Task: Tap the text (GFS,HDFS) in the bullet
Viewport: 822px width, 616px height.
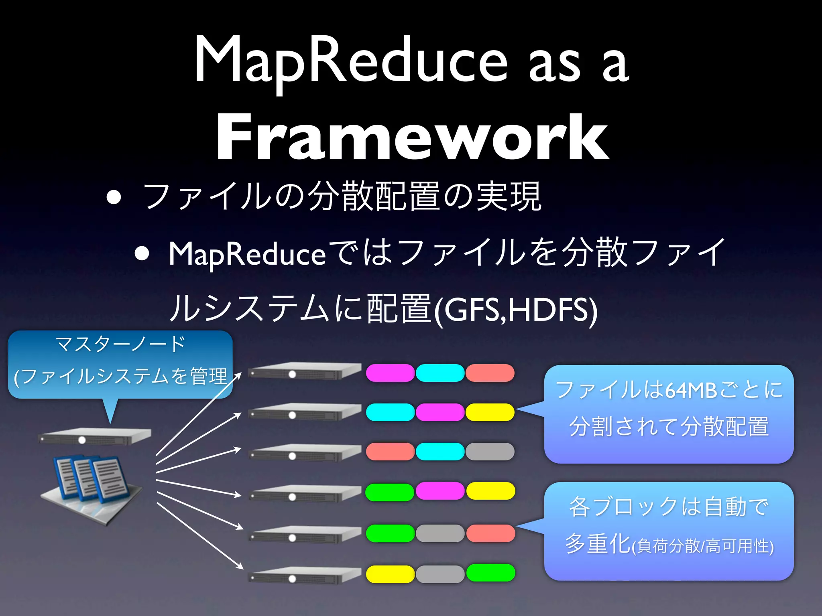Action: coord(516,310)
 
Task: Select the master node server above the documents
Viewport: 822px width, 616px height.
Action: coord(95,436)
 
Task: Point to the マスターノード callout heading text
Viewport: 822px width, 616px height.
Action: coord(120,344)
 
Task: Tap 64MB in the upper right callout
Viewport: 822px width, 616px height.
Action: coord(690,390)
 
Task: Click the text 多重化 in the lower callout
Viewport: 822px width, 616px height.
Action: coord(598,544)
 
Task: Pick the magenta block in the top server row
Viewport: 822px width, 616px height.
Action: coord(390,373)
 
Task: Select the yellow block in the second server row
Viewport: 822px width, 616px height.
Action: coord(490,412)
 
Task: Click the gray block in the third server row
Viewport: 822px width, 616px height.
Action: coord(490,452)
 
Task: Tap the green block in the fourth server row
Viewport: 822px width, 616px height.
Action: coord(389,492)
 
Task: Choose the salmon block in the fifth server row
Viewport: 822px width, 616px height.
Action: coord(490,533)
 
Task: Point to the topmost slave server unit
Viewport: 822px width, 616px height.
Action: coord(304,371)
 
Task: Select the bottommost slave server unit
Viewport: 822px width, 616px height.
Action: coord(304,575)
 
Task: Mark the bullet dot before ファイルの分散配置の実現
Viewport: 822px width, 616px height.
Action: coord(114,197)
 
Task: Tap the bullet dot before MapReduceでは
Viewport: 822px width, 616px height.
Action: coord(142,253)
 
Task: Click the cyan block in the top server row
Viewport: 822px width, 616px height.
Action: coord(440,373)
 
